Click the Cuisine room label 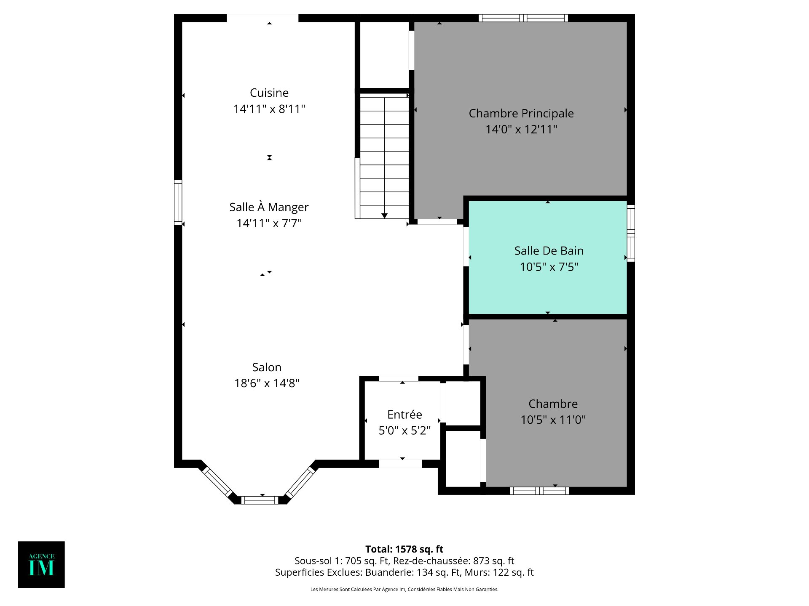[x=269, y=93]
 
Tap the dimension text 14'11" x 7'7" [x=269, y=223]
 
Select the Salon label [x=267, y=367]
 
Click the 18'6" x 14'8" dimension [x=267, y=383]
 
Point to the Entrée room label [x=404, y=415]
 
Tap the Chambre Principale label [x=521, y=114]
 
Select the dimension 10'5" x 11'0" [x=553, y=420]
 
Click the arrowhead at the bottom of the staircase [x=384, y=216]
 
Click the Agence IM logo [x=41, y=564]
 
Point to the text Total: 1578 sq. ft [x=404, y=549]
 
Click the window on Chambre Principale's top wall [x=523, y=18]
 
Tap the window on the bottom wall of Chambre [x=539, y=491]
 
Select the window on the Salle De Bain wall [x=631, y=233]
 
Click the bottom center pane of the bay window [x=260, y=500]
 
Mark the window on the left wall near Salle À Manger [x=178, y=202]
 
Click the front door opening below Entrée [x=400, y=464]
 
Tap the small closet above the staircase [x=383, y=55]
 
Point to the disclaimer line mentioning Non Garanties [x=404, y=590]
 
